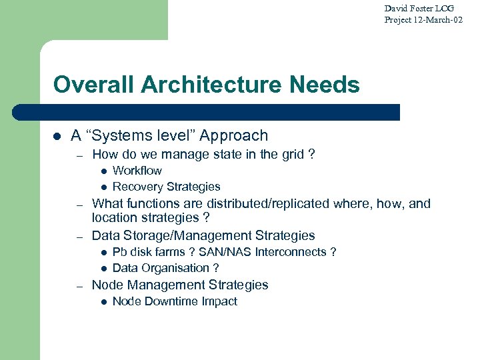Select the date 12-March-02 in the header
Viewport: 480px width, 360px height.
point(438,20)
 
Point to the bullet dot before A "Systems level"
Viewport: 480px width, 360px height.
point(57,136)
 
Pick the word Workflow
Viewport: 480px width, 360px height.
point(137,171)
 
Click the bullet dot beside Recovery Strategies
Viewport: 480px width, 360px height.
point(103,187)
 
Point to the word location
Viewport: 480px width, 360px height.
point(115,217)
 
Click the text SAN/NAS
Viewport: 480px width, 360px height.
point(223,252)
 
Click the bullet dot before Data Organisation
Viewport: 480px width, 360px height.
point(103,269)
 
